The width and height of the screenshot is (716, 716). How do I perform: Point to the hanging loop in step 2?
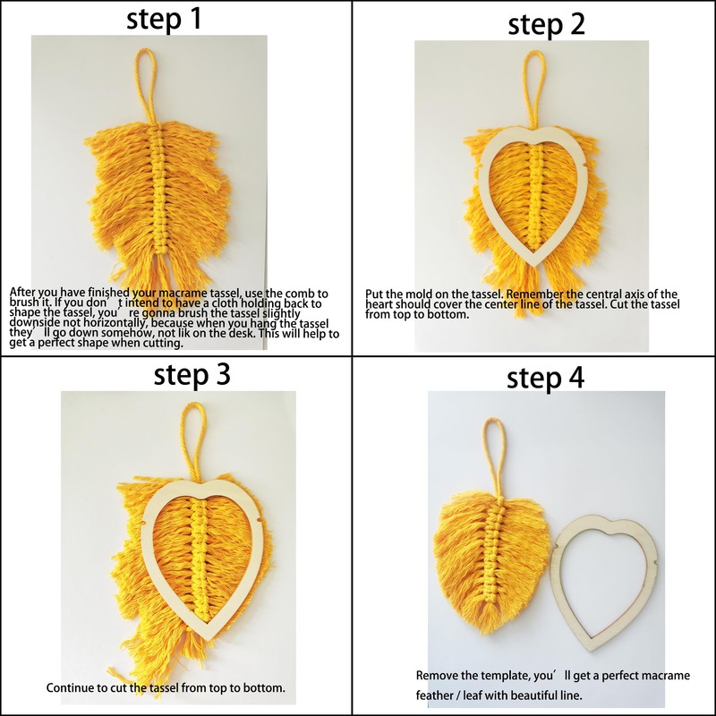534,84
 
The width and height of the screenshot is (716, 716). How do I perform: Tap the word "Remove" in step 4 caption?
439,675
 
